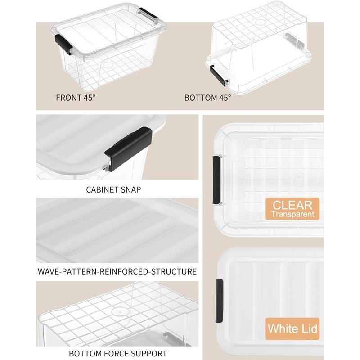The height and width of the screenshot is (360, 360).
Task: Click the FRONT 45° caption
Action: (76, 98)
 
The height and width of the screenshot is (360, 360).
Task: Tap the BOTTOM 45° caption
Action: (207, 98)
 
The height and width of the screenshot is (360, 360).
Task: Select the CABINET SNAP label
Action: (113, 189)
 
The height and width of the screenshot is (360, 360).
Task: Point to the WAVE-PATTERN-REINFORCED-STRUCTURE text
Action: (117, 271)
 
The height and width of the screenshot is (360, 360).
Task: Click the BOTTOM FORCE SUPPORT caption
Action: (118, 353)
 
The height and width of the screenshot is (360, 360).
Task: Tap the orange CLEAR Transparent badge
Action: (292, 209)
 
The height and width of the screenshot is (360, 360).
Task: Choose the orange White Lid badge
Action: (292, 329)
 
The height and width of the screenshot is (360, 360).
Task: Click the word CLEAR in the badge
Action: (292, 205)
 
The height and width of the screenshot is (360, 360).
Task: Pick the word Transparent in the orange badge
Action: (292, 214)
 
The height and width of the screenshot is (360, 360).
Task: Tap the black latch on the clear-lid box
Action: (216, 180)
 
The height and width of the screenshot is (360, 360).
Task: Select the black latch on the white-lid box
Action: (219, 301)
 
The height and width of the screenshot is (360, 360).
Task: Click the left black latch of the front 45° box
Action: (63, 44)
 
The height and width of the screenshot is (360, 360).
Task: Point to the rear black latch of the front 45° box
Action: (149, 15)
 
